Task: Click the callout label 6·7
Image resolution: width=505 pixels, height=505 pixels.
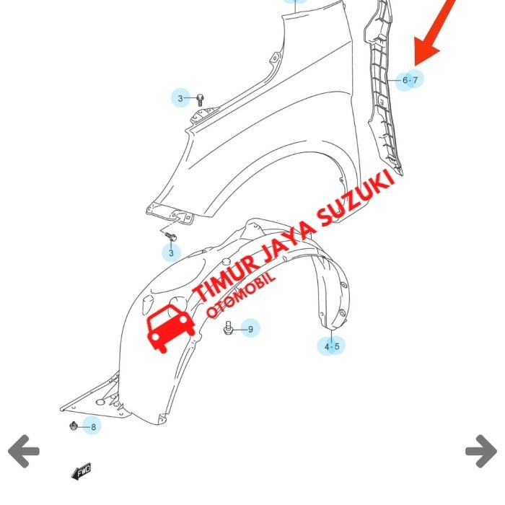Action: tap(410, 80)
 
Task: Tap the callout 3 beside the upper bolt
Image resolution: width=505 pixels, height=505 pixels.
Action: tap(181, 98)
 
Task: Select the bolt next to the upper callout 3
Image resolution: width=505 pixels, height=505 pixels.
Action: tap(199, 98)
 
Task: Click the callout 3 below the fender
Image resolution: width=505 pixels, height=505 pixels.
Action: tap(172, 253)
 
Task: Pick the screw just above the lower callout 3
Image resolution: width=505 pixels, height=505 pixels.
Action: tap(172, 236)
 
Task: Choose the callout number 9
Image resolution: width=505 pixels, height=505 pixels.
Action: tap(250, 329)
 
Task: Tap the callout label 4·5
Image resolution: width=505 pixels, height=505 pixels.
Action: tap(331, 346)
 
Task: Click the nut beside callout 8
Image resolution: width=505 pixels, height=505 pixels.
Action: tap(74, 426)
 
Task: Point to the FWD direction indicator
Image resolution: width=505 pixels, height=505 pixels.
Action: tap(81, 473)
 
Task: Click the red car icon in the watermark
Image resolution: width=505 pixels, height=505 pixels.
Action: tap(170, 327)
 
